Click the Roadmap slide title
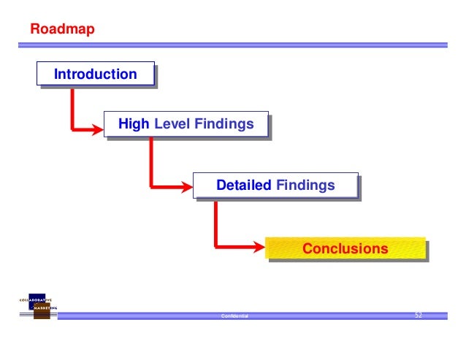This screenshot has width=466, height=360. pyautogui.click(x=61, y=31)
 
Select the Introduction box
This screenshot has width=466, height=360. pyautogui.click(x=95, y=74)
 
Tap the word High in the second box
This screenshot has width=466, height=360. pyautogui.click(x=133, y=125)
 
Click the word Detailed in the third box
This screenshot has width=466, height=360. pyautogui.click(x=244, y=185)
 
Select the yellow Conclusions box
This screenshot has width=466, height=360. pyautogui.click(x=345, y=249)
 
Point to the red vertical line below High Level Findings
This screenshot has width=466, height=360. pyautogui.click(x=151, y=162)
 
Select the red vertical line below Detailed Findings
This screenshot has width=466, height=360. pyautogui.click(x=215, y=223)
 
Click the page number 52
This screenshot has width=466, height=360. pyautogui.click(x=419, y=315)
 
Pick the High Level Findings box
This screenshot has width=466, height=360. pyautogui.click(x=186, y=125)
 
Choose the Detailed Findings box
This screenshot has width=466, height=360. pyautogui.click(x=275, y=185)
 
